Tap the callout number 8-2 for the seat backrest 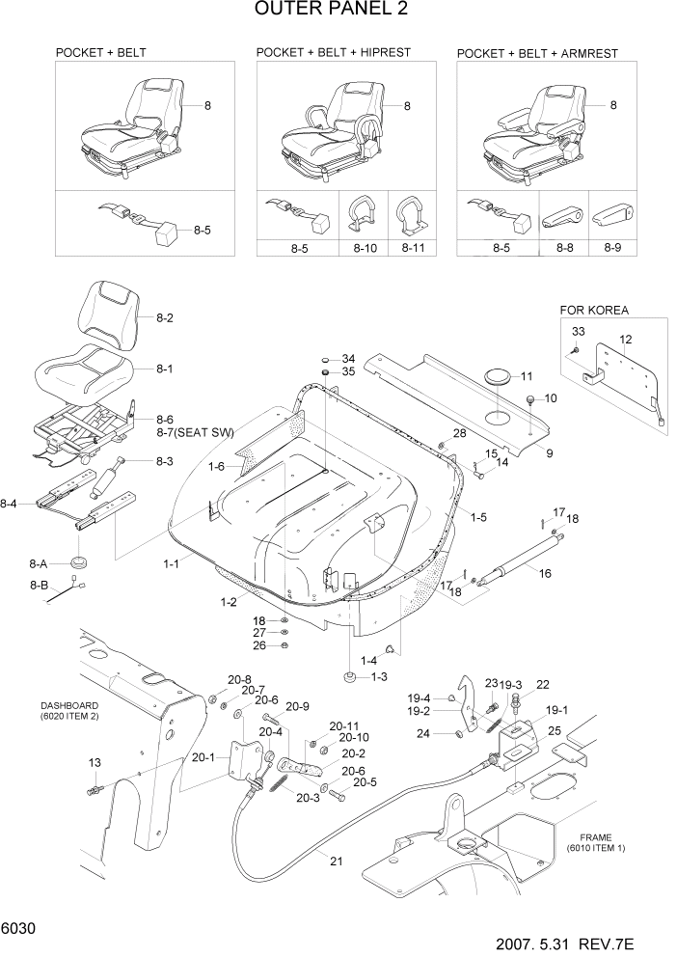(166, 316)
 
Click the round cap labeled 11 (499, 376)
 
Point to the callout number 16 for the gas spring (545, 573)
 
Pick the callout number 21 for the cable (336, 861)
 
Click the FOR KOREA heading (594, 311)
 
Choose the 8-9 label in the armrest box (612, 248)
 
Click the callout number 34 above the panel (348, 358)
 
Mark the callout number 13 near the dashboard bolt (95, 763)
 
